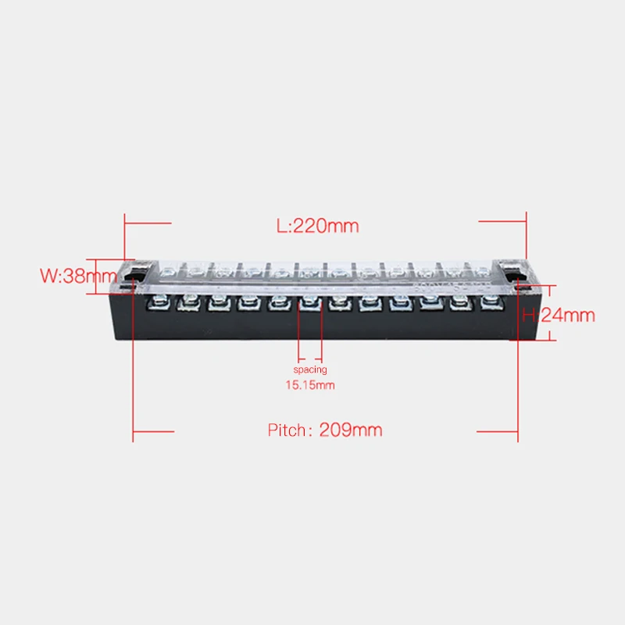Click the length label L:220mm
[318, 226]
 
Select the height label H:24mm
[559, 316]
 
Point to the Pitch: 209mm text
[325, 430]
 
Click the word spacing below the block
[310, 369]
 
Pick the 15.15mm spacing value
[310, 384]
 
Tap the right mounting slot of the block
[512, 274]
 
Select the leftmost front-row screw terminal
[160, 302]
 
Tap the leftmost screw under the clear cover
[166, 272]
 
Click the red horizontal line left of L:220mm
[148, 222]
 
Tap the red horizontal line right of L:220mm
[504, 222]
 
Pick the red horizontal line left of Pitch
[154, 430]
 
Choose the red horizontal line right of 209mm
[498, 430]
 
